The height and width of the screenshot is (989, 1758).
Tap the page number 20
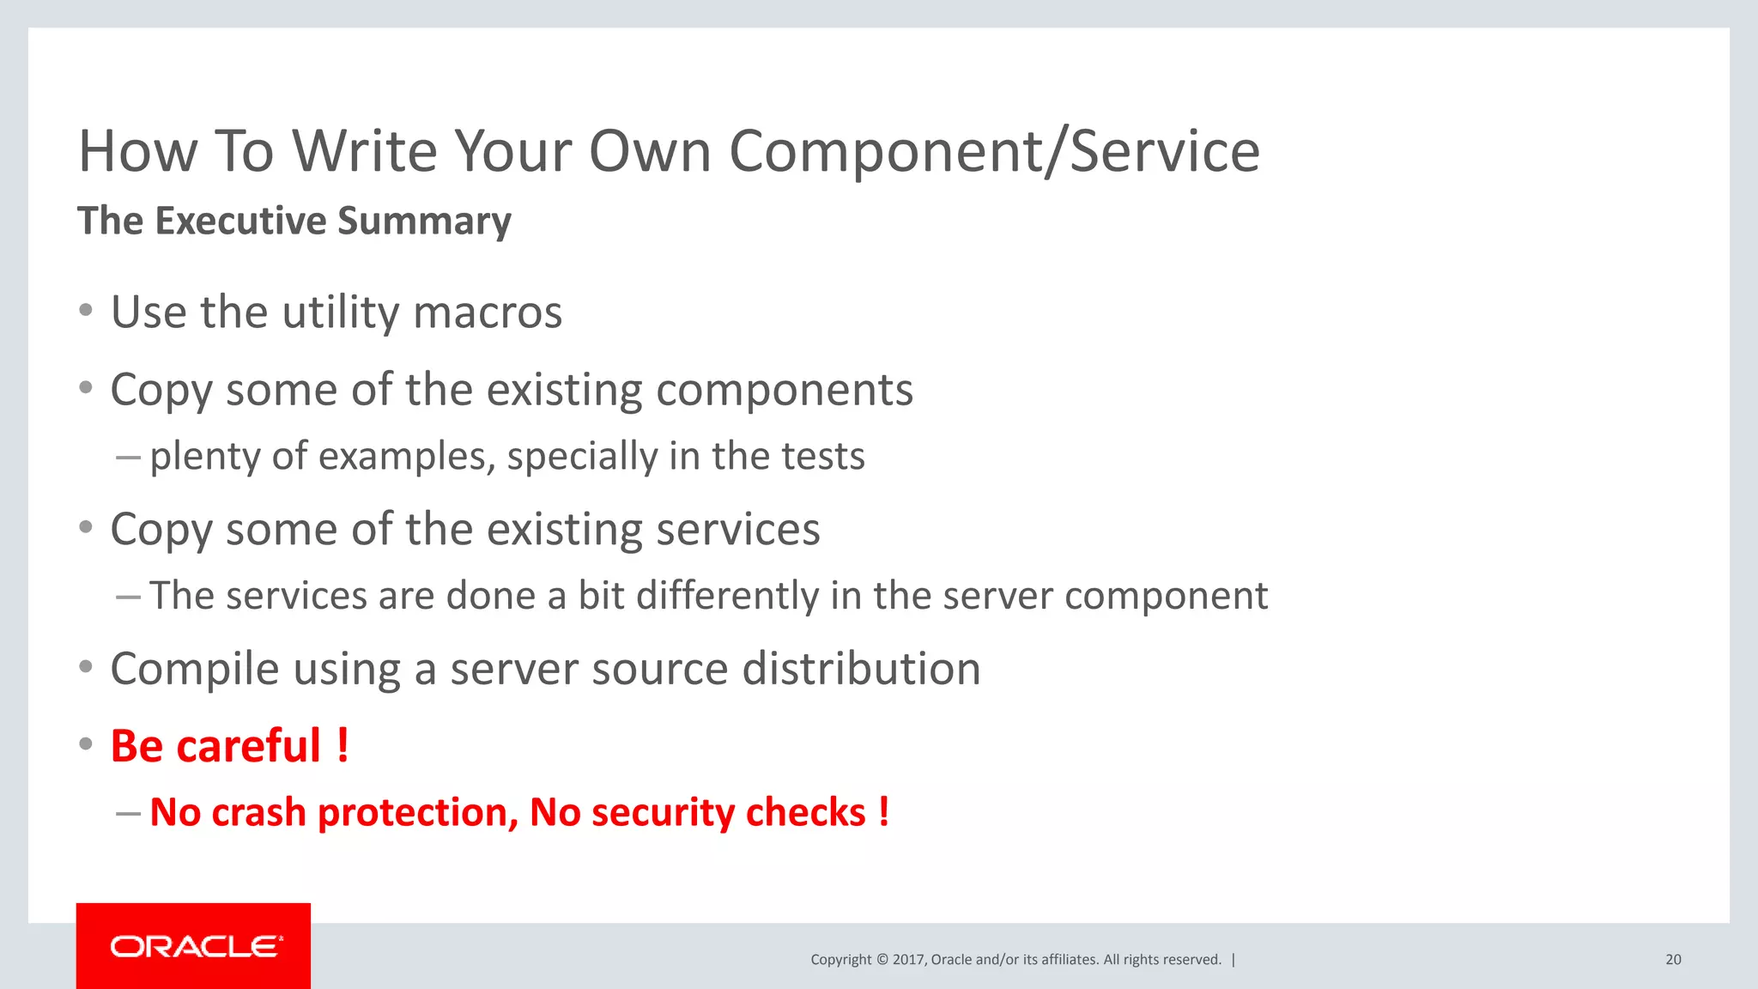[1673, 960]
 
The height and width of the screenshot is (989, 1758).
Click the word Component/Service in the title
[994, 152]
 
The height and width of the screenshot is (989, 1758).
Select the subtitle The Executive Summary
[294, 221]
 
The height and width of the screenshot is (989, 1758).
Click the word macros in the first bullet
[488, 312]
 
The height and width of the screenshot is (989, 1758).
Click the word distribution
[861, 669]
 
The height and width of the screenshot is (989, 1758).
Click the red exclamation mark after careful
[343, 745]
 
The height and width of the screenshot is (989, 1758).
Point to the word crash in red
[258, 813]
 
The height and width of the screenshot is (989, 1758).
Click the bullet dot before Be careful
[86, 743]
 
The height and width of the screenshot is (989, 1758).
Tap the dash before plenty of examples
[128, 457]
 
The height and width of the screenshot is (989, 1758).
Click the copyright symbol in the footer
[882, 960]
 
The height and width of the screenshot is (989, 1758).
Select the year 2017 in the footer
[907, 960]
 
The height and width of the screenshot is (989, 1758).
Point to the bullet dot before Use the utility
[86, 311]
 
